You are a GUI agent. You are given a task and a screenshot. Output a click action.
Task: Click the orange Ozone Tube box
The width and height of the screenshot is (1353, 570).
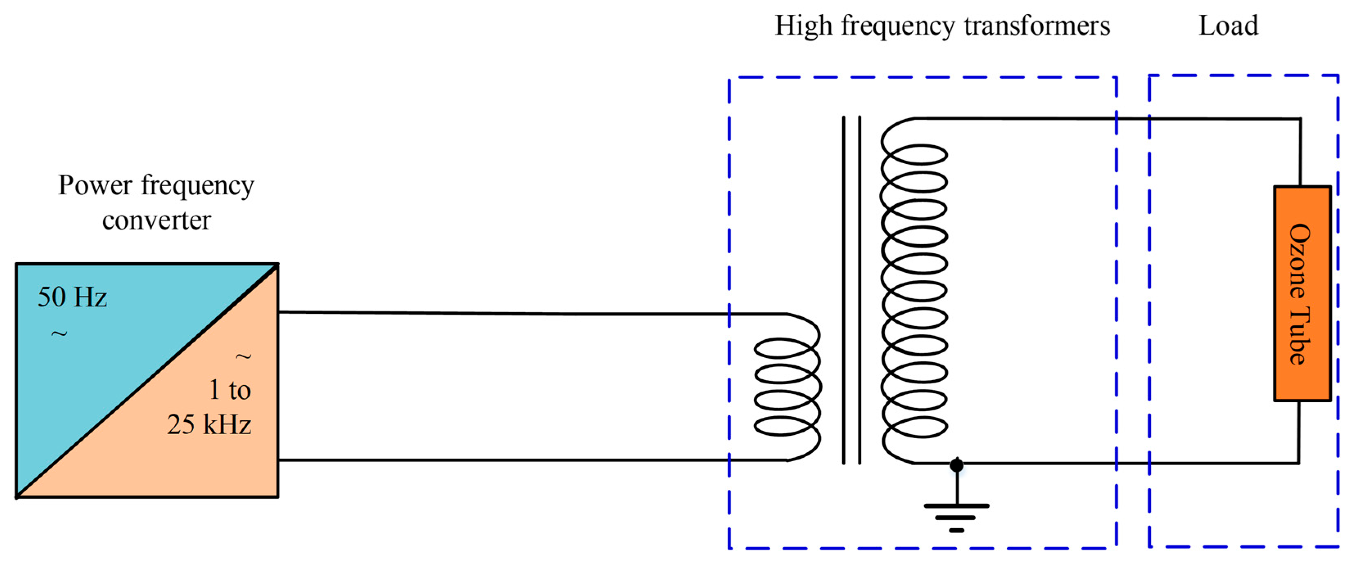click(x=1301, y=293)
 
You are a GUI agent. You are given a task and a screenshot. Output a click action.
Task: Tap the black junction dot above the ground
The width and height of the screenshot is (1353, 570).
click(x=956, y=465)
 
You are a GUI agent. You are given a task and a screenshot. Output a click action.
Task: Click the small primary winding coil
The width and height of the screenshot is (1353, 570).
click(x=787, y=387)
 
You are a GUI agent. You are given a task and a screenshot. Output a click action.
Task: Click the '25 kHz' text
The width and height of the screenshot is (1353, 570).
click(x=209, y=424)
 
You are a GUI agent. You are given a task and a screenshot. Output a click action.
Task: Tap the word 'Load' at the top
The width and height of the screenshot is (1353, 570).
click(x=1228, y=26)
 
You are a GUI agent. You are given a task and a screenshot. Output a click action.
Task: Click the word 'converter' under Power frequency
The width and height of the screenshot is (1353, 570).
click(x=156, y=221)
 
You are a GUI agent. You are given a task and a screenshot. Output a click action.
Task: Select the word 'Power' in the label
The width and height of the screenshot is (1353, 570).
click(x=95, y=185)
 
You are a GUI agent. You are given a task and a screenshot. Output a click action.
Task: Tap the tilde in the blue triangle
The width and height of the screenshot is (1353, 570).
click(x=59, y=333)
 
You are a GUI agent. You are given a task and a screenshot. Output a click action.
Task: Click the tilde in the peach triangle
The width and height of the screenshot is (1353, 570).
click(x=243, y=357)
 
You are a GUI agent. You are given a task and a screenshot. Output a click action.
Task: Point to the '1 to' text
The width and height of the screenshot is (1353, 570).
click(x=230, y=390)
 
